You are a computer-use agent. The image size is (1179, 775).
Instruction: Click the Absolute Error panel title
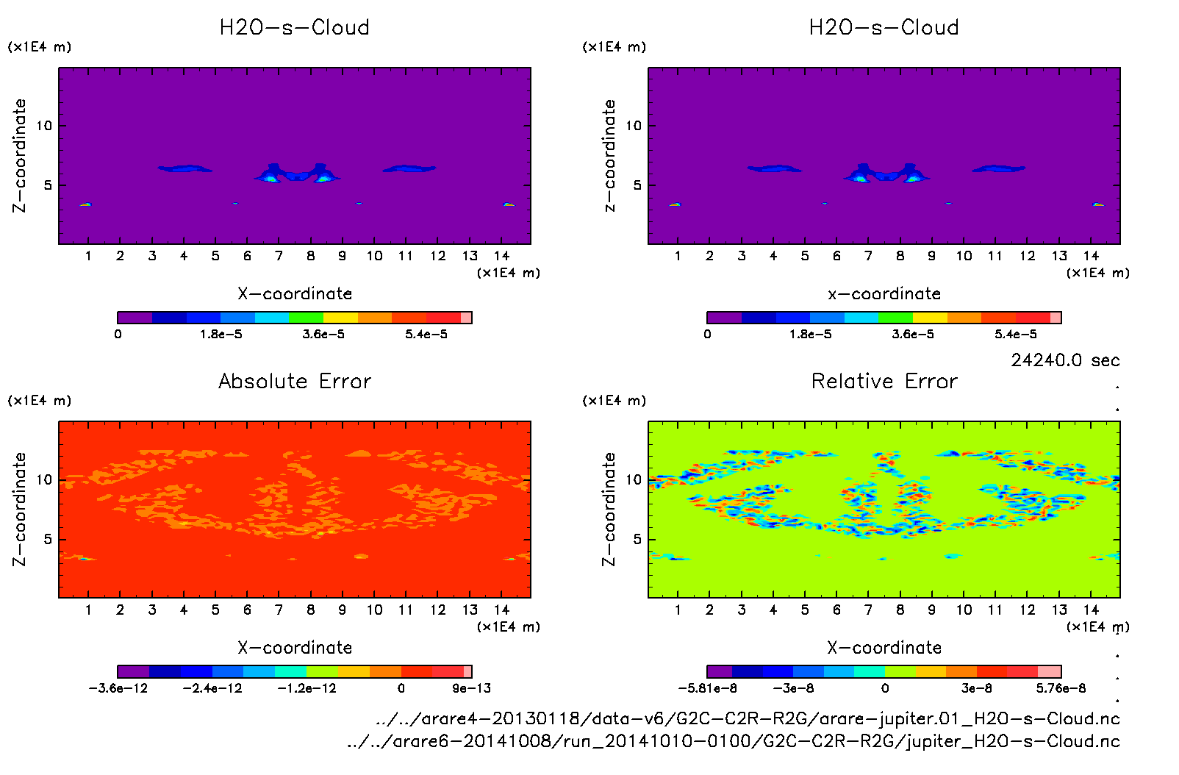pos(295,381)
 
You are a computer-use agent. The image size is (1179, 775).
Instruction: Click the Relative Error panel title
pos(884,381)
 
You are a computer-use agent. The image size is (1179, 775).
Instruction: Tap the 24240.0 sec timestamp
pos(1065,360)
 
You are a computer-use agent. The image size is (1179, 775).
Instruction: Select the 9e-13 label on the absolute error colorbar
pos(471,688)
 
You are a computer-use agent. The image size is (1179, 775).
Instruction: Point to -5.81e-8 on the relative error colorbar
pos(707,688)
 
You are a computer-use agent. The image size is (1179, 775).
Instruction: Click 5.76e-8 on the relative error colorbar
pos(1061,688)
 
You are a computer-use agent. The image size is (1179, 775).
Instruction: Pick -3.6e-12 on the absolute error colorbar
pos(118,688)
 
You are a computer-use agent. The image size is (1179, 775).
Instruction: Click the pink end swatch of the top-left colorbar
pos(466,318)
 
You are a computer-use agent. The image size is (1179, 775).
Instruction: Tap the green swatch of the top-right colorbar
pos(895,318)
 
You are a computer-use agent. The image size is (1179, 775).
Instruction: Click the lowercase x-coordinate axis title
pos(884,294)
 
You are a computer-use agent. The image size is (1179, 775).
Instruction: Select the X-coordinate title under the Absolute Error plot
pos(295,648)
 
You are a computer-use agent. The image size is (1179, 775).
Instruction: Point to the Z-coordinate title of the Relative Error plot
pos(609,509)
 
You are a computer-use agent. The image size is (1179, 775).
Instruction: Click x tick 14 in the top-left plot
pos(501,256)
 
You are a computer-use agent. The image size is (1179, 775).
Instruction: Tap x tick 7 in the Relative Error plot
pos(868,610)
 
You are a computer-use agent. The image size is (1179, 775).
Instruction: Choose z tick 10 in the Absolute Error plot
pos(44,480)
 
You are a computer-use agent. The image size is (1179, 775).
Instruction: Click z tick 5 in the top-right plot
pos(637,185)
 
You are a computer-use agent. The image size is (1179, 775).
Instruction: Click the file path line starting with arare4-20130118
pos(747,718)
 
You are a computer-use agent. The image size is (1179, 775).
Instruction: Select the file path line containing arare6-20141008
pos(733,741)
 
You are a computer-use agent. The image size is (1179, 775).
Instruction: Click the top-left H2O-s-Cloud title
pos(295,28)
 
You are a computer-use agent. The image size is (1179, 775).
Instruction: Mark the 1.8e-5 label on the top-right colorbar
pos(810,335)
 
